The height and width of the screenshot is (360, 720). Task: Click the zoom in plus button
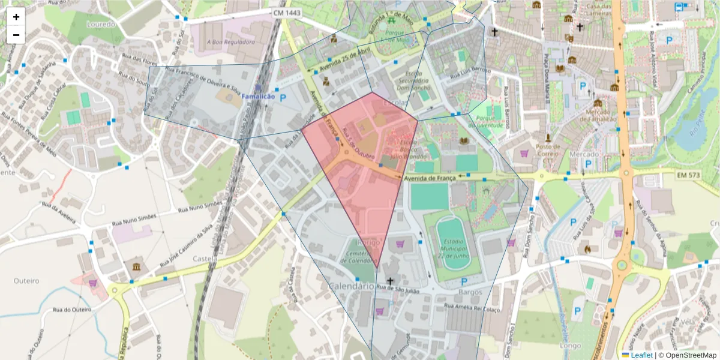tap(16, 17)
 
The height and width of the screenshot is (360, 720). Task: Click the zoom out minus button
tap(16, 35)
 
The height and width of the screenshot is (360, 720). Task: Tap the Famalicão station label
tap(259, 97)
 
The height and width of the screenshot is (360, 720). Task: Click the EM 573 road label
tap(689, 175)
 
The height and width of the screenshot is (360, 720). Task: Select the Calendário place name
tap(350, 286)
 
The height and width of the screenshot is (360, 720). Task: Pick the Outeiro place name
tap(26, 280)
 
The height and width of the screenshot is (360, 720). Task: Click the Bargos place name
tap(469, 292)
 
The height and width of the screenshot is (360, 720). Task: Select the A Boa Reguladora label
tap(230, 42)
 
